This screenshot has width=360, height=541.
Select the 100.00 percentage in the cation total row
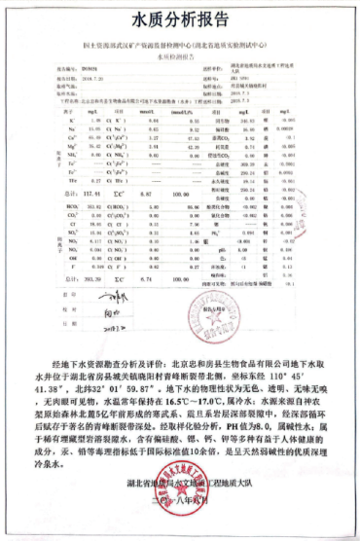click(x=205, y=193)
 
